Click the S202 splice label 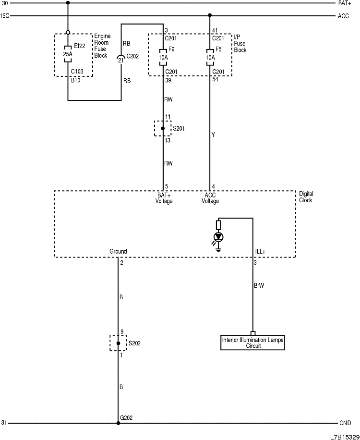(x=134, y=343)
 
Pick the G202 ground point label (x=126, y=418)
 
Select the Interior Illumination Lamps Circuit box (x=253, y=342)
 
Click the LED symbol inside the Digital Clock (x=219, y=237)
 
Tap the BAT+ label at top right (x=345, y=3)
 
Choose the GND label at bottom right (x=345, y=423)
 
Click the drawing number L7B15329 (x=344, y=436)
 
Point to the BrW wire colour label (x=259, y=285)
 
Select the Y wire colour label (x=213, y=135)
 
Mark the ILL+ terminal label (x=260, y=252)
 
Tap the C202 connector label (x=133, y=56)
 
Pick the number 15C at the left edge (x=5, y=16)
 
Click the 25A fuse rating (x=68, y=54)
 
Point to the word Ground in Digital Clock (x=118, y=252)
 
